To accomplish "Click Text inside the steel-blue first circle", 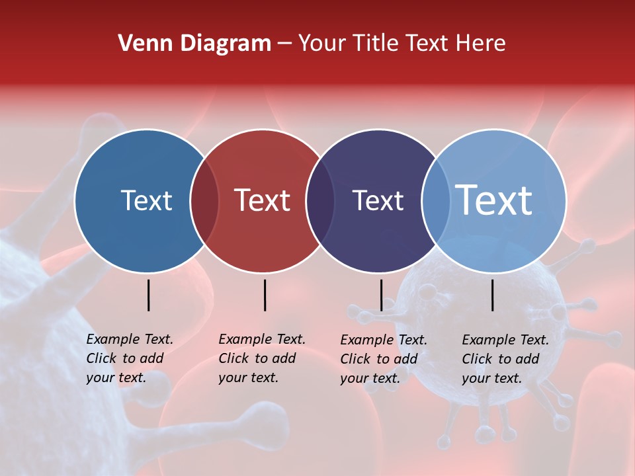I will pos(146,200).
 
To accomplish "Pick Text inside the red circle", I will pos(263,200).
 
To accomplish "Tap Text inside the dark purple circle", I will pos(378,200).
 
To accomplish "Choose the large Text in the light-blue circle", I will pos(494,200).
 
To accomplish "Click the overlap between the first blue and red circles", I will pos(204,200).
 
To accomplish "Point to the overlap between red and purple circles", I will pos(320,200).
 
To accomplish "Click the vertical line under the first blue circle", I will pos(148,295).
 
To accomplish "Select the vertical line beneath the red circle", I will pos(265,295).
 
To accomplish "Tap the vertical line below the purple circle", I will pos(381,295).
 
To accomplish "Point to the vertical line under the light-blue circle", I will pos(493,295).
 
